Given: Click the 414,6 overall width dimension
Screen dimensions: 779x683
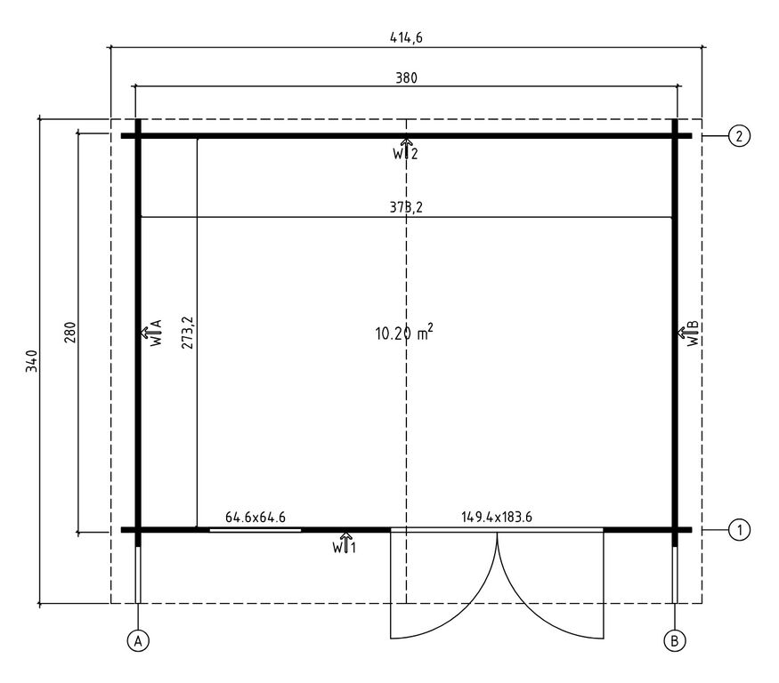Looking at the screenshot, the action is click(406, 37).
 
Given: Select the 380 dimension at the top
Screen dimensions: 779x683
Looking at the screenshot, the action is click(406, 78).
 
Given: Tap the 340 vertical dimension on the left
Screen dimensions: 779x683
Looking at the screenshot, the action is click(32, 361).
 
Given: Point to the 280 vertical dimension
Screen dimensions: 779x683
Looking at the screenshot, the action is click(70, 333).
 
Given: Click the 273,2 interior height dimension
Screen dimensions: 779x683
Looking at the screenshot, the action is click(187, 332).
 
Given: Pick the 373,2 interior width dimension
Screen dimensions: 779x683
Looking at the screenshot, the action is click(406, 207).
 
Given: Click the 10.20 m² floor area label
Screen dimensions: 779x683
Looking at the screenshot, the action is click(404, 332).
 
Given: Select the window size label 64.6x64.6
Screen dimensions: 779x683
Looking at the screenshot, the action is click(256, 518).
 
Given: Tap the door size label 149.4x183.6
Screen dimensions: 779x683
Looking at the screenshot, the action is click(496, 517).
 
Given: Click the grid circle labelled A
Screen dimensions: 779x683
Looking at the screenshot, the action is click(138, 641).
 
